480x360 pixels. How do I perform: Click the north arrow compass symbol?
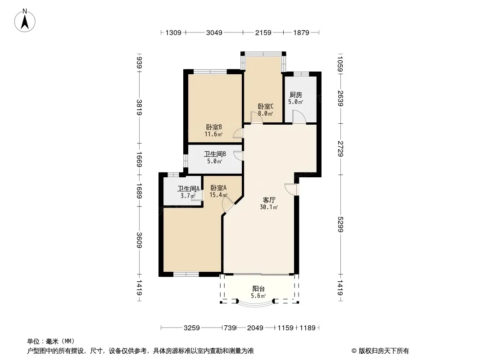pos(25,21)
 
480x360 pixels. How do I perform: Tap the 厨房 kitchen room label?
pos(296,95)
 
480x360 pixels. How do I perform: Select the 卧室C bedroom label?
pos(265,107)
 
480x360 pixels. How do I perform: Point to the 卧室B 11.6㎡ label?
pos(214,130)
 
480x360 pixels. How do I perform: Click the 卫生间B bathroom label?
pos(215,154)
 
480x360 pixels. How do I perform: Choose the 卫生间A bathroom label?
pos(188,189)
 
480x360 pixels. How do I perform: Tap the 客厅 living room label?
pos(269,200)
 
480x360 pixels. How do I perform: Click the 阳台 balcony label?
pos(258,289)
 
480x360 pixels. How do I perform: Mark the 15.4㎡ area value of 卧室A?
pos(218,195)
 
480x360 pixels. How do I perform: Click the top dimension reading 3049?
pos(214,32)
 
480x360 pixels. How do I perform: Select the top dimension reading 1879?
pos(301,32)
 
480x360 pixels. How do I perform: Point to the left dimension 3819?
pos(139,108)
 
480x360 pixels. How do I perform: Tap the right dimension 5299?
pos(340,224)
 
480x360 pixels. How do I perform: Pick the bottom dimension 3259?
pos(192,328)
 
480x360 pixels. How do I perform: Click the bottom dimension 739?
pos(230,328)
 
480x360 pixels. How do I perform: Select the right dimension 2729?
pos(340,149)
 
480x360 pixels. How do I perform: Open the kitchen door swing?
pos(299,117)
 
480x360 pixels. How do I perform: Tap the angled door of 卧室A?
pos(228,204)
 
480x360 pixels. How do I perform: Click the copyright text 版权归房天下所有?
pos(384,351)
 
